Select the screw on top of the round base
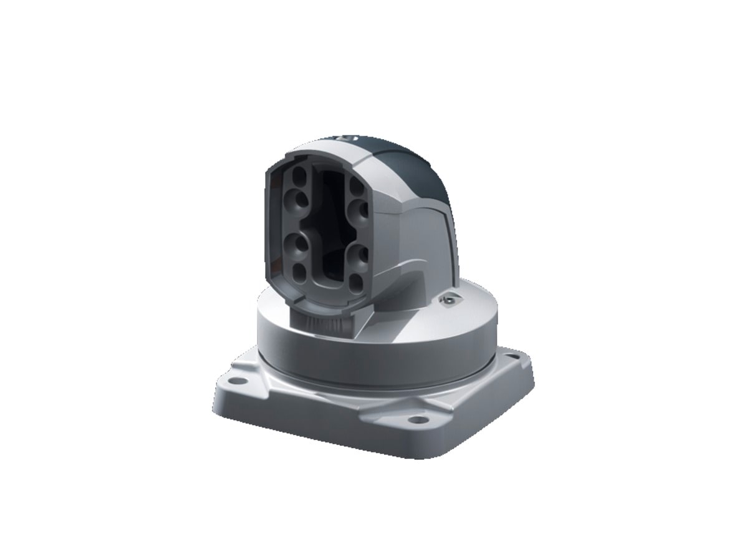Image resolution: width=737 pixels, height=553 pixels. point(447,300)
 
